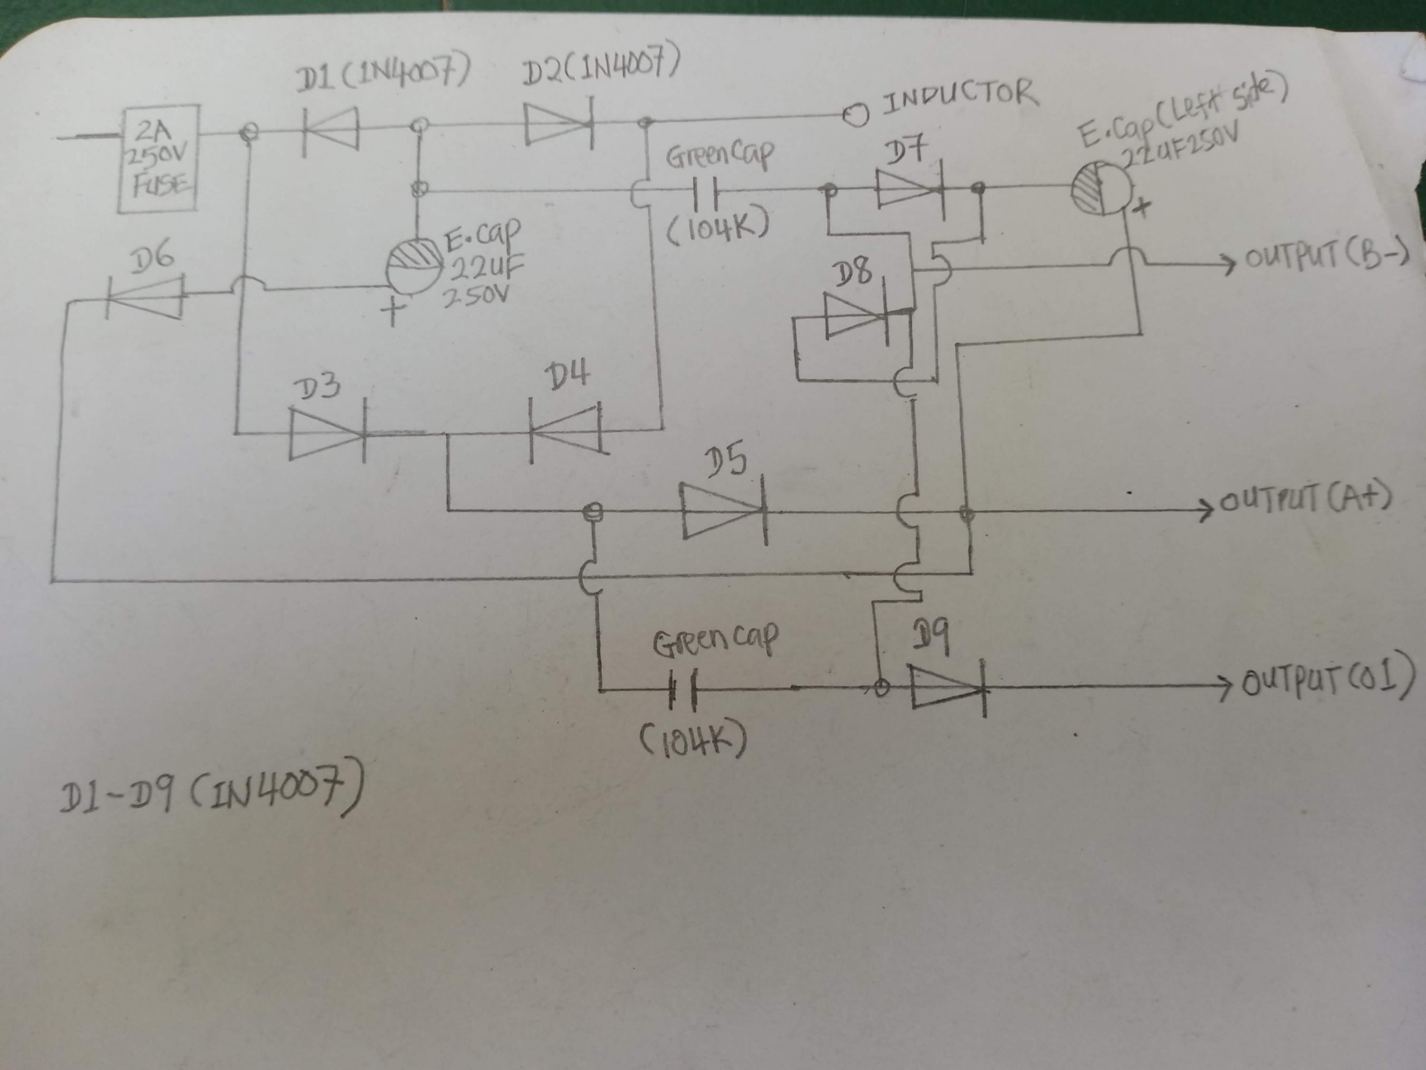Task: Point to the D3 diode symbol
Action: [328, 433]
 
